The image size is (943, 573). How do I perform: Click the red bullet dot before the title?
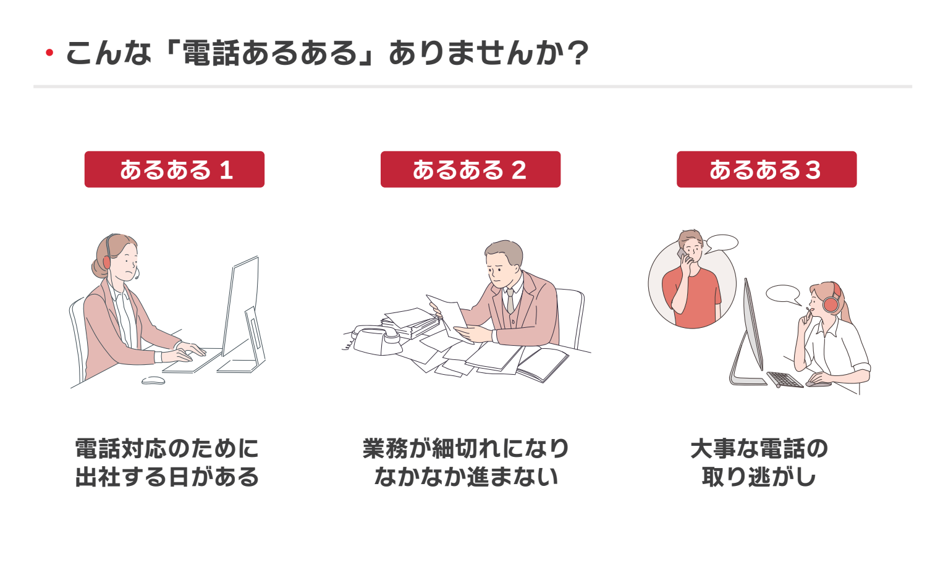click(49, 54)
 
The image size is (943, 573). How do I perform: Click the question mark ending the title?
click(578, 54)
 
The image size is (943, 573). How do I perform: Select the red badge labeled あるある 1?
click(174, 169)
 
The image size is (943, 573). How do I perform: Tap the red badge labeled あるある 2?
click(470, 169)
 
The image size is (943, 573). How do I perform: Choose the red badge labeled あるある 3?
click(766, 169)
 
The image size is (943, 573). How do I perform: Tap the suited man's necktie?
click(510, 301)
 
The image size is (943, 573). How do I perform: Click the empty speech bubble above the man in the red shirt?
click(722, 243)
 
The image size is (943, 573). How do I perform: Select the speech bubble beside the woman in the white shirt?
click(783, 293)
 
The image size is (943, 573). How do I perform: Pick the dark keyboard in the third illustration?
click(785, 379)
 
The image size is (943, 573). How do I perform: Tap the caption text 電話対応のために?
click(167, 448)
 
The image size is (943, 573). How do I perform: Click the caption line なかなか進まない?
click(467, 477)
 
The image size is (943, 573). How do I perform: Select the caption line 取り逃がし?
click(759, 477)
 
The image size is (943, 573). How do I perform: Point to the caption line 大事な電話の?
click(759, 448)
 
